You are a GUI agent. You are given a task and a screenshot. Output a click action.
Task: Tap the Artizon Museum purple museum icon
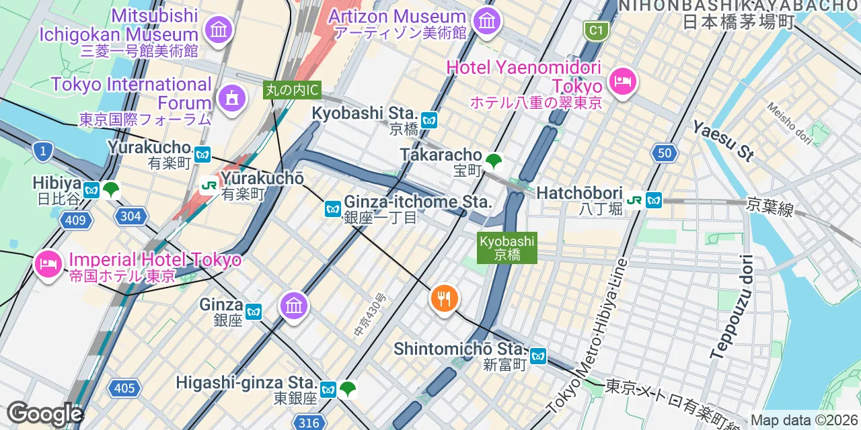coord(486,21)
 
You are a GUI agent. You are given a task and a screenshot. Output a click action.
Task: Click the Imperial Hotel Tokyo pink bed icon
coord(48,262)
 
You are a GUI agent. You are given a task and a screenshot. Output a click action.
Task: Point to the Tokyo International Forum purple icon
coord(231,99)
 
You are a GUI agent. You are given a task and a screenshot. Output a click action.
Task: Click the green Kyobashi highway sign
coord(507,248)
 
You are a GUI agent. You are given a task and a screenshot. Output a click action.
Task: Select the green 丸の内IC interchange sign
coord(292,89)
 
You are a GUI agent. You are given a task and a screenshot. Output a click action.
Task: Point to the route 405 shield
coord(124,388)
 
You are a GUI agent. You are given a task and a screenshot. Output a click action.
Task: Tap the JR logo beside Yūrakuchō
coord(209,184)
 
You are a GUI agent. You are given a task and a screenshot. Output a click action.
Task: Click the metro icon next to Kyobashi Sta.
coord(430,121)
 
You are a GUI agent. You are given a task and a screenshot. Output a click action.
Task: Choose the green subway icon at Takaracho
coord(494,161)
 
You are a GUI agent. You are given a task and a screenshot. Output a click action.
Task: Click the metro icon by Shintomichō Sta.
coord(538,356)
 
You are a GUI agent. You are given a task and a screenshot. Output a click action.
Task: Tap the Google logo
coord(44,413)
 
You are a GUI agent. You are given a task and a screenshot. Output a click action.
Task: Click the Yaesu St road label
coord(723,141)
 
